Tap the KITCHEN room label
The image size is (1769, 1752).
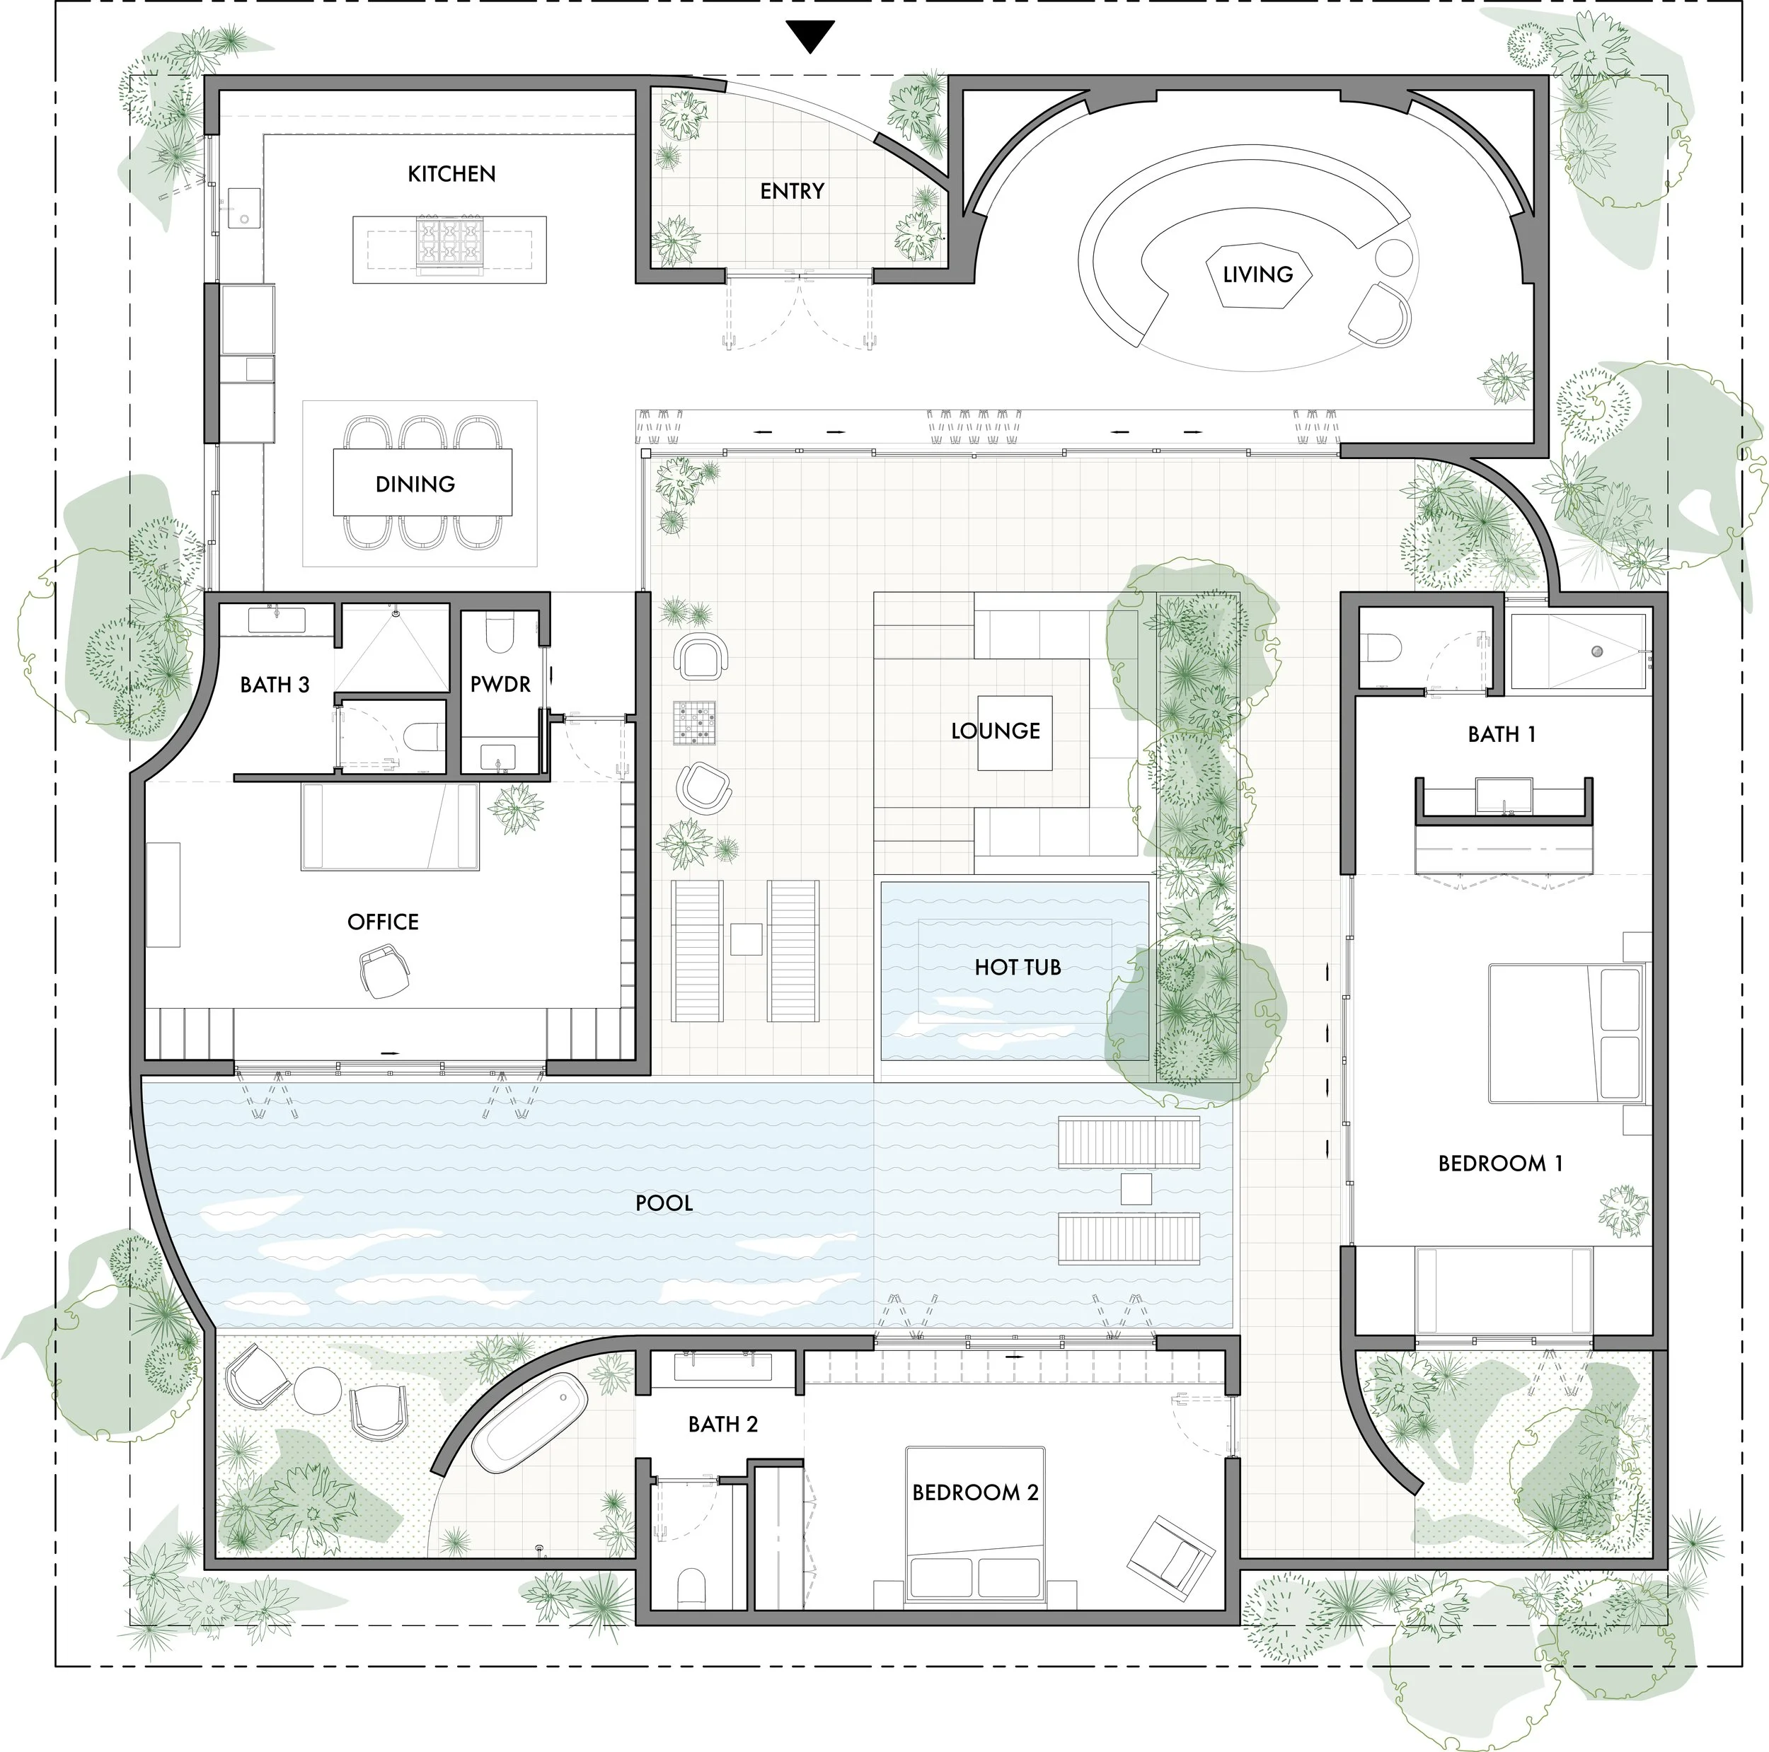tap(451, 174)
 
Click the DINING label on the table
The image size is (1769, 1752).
tap(415, 485)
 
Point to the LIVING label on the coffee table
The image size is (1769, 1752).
tap(1257, 274)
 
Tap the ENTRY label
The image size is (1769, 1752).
tap(792, 191)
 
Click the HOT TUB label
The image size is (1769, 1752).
tap(1018, 968)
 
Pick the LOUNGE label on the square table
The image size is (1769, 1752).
tap(996, 731)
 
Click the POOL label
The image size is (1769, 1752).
tap(664, 1203)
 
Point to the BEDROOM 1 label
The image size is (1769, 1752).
tap(1500, 1164)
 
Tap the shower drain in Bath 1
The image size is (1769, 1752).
tap(1597, 651)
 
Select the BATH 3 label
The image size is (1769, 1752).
tap(275, 685)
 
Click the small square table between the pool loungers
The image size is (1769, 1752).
tap(1136, 1189)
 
